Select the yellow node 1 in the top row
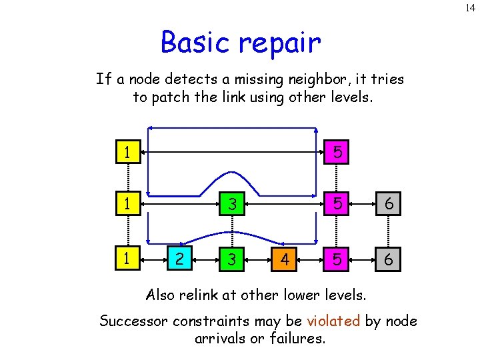point(125,153)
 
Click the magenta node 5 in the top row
point(338,153)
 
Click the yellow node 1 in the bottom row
point(125,259)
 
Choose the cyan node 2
point(179,259)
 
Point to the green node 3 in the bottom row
point(231,259)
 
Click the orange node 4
point(285,259)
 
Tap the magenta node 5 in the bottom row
point(338,259)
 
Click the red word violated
point(333,321)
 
